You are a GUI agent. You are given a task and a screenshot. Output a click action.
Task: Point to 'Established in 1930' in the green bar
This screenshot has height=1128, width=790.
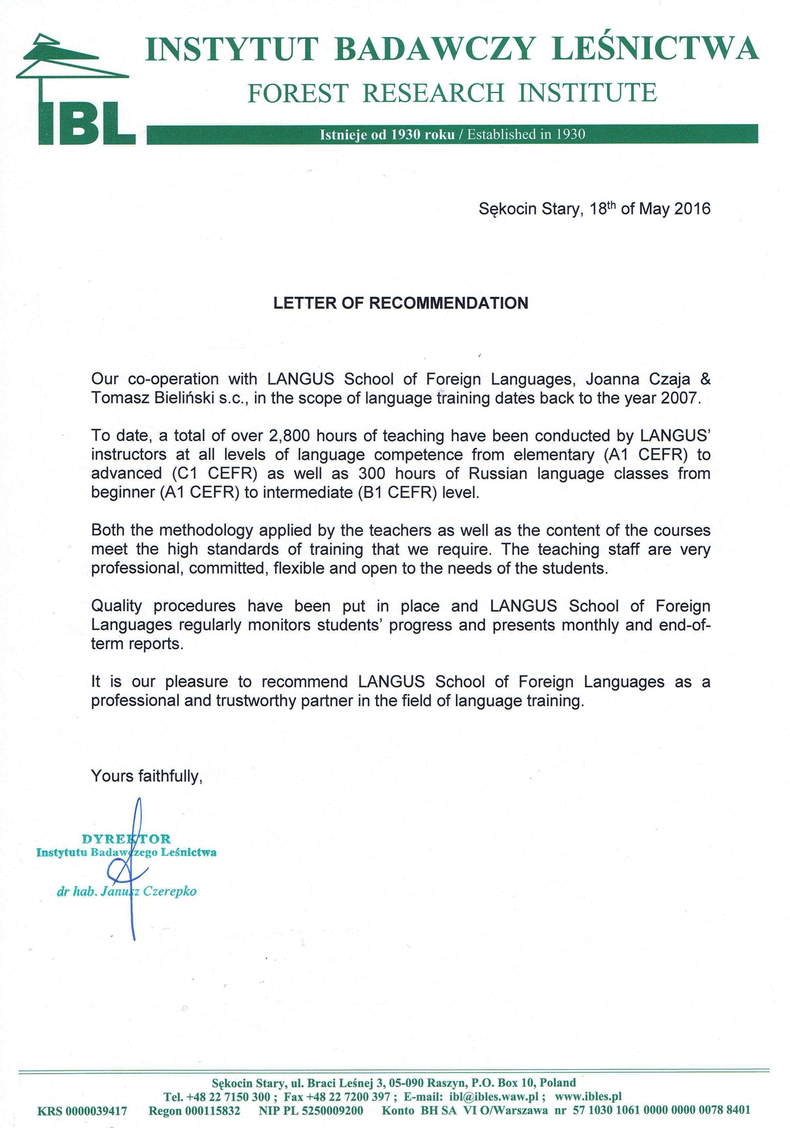coord(526,134)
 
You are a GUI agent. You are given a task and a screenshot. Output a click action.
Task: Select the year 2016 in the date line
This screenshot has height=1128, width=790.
coord(692,209)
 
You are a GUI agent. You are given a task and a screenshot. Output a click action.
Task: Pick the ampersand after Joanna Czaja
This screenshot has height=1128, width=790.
coord(705,379)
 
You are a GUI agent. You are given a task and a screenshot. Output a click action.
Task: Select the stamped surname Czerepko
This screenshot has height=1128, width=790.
coord(170,891)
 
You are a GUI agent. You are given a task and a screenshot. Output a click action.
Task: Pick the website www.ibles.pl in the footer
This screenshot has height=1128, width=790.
coord(588,1096)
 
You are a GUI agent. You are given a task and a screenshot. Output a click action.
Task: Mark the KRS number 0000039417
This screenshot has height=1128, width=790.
coord(96,1111)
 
